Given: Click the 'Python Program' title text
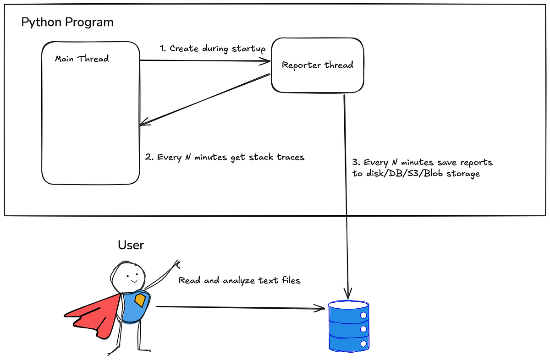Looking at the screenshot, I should tap(67, 22).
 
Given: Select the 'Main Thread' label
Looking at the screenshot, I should tap(82, 59).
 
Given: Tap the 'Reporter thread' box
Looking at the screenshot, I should tap(317, 65).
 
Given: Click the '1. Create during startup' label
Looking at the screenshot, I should tap(212, 49).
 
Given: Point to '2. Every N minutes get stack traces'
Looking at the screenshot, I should tap(225, 157).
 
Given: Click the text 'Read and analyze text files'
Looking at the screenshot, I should tap(239, 280).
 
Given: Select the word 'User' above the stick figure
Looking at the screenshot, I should tap(131, 245).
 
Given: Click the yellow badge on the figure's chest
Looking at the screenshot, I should tap(140, 300).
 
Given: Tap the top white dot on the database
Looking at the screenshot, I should tap(363, 315).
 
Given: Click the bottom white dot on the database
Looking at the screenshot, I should tap(363, 343).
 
